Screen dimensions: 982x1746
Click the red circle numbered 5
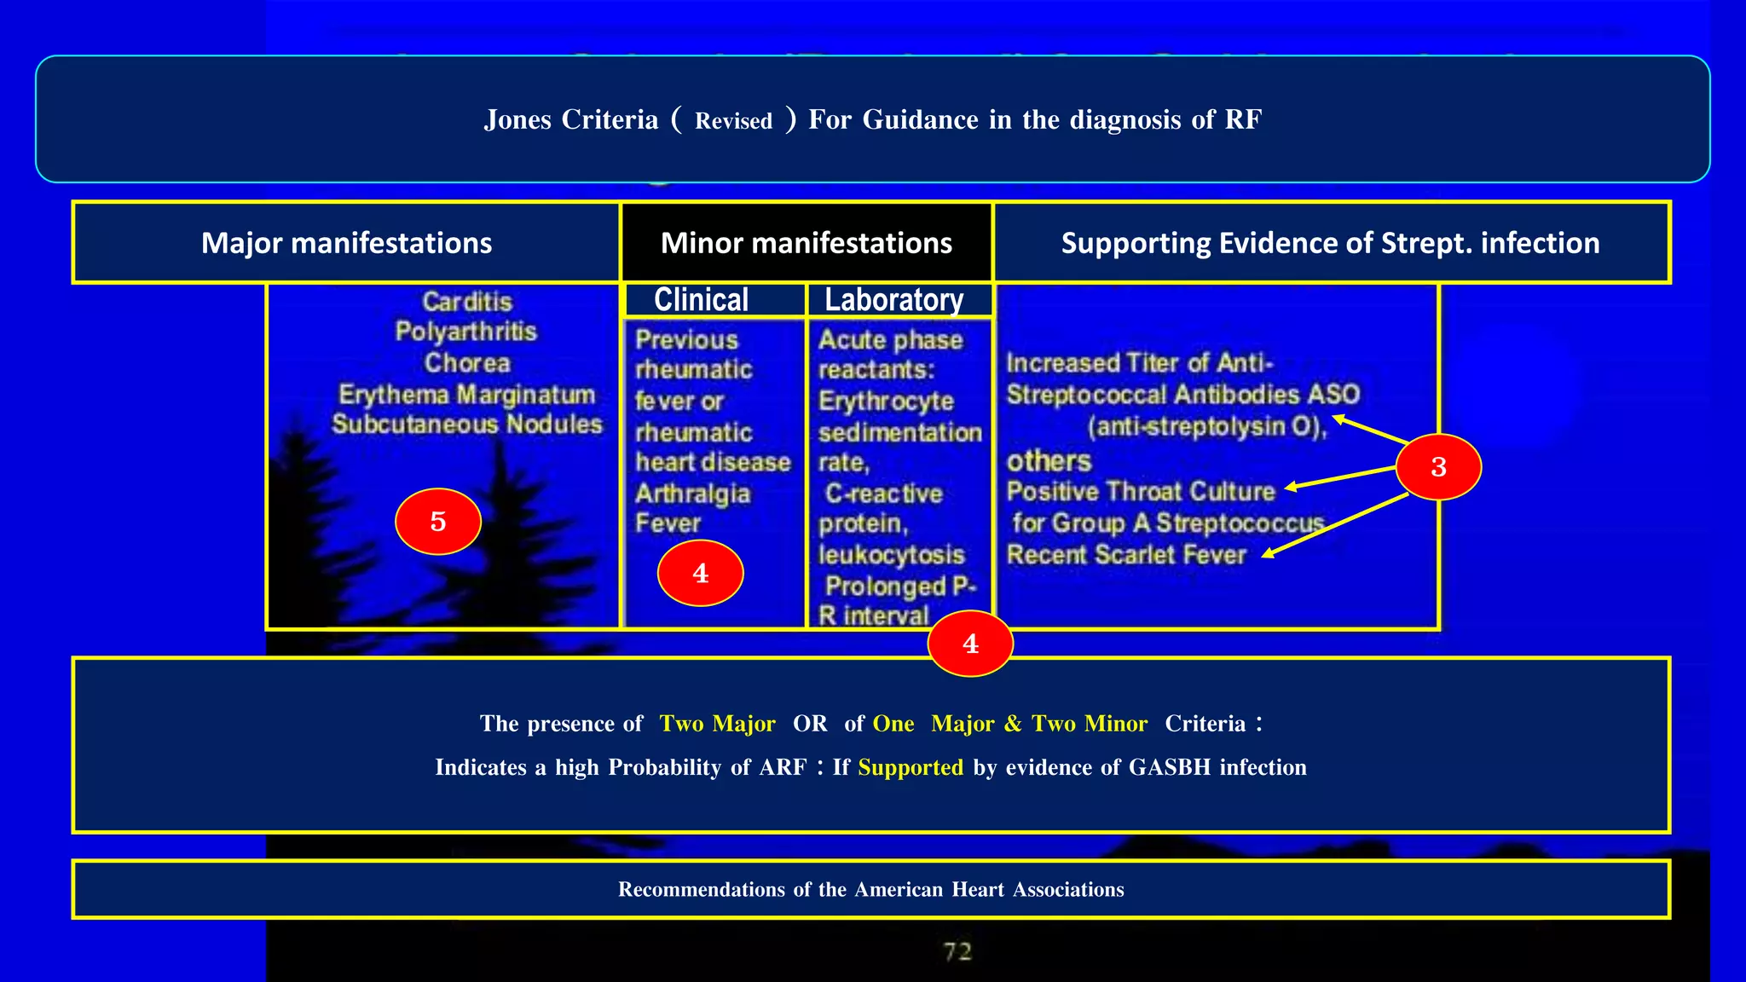[438, 521]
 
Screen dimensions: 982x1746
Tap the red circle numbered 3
[1438, 466]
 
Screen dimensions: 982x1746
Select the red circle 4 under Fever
[700, 573]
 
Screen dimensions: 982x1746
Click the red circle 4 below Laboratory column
[970, 644]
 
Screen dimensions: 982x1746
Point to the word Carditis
[467, 302]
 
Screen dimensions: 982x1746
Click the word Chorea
[467, 363]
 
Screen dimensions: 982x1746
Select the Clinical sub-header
[701, 300]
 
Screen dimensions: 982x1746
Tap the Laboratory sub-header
[893, 300]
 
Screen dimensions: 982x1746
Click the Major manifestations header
[346, 243]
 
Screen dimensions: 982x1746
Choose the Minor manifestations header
[806, 243]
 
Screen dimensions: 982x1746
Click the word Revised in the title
[733, 121]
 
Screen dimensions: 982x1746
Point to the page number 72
[957, 951]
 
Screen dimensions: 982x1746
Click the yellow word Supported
[910, 767]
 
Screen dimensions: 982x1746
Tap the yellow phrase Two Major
[717, 724]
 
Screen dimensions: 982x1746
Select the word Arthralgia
[692, 494]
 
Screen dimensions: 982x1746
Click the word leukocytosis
[891, 555]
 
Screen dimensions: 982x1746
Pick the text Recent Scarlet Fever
[1126, 555]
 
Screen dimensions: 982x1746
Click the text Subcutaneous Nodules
[467, 425]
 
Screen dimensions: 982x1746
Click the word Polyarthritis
[465, 332]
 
